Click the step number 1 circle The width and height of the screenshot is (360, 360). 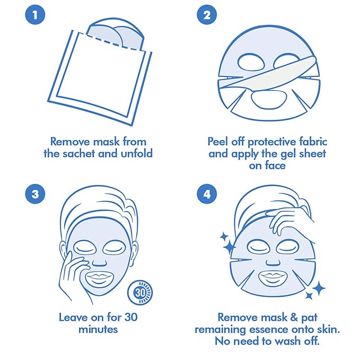click(35, 15)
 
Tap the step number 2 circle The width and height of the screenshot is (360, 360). click(206, 15)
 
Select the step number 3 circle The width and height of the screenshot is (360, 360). click(35, 193)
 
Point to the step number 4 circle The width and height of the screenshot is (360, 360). click(206, 193)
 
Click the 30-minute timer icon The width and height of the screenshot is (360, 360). click(140, 293)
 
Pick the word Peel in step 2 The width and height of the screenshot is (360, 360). click(219, 142)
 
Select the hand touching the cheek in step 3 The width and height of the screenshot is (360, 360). click(74, 270)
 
